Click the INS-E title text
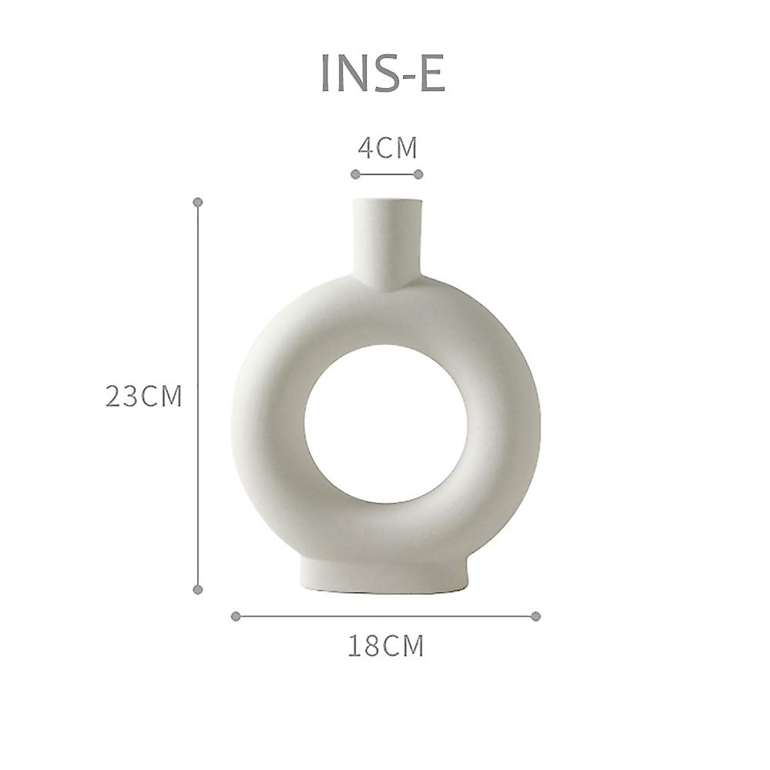382,75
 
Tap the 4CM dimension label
387,148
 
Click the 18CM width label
386,646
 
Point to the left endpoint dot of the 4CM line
355,174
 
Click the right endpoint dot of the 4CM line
418,174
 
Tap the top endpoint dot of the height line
198,201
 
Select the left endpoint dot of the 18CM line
235,616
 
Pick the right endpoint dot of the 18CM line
536,616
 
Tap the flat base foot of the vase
386,576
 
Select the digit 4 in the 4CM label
365,148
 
